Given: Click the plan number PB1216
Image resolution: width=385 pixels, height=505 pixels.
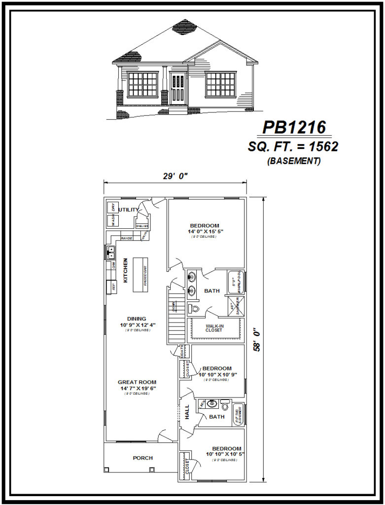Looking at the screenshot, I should pyautogui.click(x=294, y=127).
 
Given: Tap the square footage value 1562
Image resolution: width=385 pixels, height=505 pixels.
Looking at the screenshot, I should pyautogui.click(x=321, y=146).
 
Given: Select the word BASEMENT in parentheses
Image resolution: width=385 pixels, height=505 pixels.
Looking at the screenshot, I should pyautogui.click(x=294, y=161).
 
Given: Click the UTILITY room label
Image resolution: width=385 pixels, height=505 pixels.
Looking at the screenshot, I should pyautogui.click(x=129, y=210).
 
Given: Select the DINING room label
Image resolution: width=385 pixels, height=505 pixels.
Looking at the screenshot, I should pyautogui.click(x=137, y=319).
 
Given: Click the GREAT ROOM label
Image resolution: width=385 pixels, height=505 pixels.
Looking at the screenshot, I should pyautogui.click(x=137, y=382).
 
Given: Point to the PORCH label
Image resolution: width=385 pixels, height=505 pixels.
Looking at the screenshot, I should pyautogui.click(x=142, y=458).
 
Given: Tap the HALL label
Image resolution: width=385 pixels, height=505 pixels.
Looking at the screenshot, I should pyautogui.click(x=187, y=412).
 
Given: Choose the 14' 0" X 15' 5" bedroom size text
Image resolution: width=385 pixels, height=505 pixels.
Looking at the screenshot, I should pyautogui.click(x=205, y=231).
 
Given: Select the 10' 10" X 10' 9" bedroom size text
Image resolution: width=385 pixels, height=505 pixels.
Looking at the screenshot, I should pyautogui.click(x=218, y=374).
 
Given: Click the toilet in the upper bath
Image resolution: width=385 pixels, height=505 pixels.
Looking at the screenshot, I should pyautogui.click(x=194, y=309).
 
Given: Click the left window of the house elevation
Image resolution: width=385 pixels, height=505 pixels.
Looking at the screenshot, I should pyautogui.click(x=142, y=84).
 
